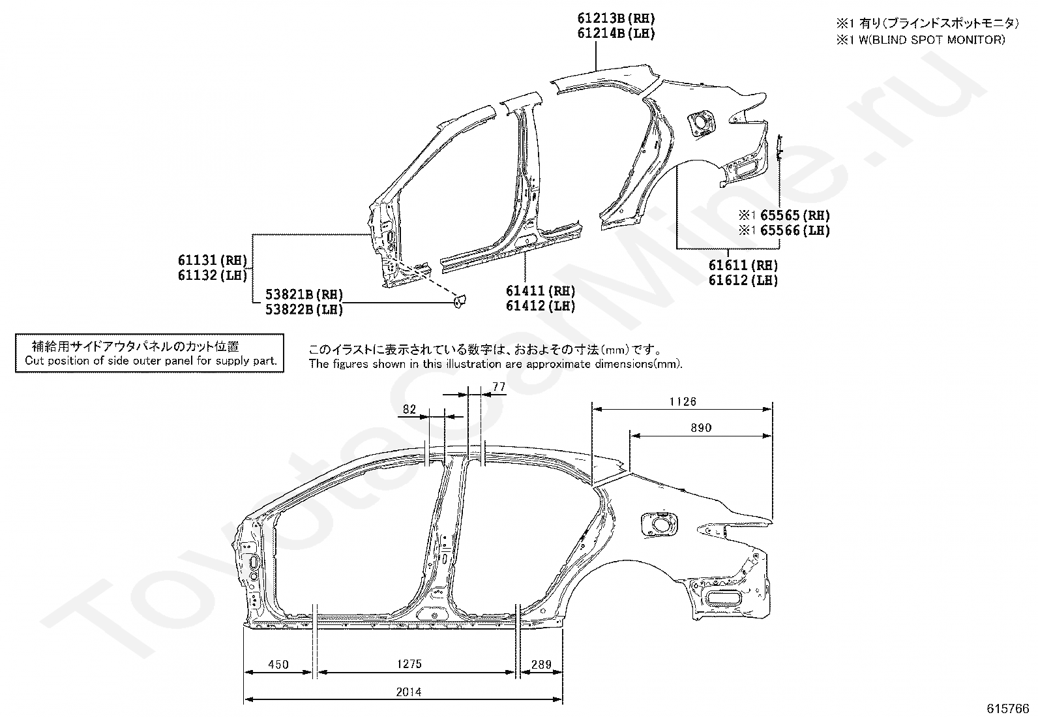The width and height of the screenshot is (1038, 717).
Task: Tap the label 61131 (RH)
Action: click(x=213, y=260)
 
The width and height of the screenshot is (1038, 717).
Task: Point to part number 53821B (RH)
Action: click(x=304, y=295)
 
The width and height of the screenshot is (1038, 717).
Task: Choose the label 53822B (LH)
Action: click(x=304, y=310)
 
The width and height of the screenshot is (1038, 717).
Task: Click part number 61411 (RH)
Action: click(x=541, y=291)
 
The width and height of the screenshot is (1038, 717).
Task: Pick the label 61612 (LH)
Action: click(x=743, y=281)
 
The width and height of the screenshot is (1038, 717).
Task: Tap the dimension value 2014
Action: click(x=408, y=692)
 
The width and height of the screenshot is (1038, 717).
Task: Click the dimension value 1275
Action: click(x=409, y=664)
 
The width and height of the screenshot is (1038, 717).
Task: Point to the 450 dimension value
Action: click(x=278, y=665)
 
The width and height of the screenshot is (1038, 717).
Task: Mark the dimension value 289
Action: click(x=541, y=665)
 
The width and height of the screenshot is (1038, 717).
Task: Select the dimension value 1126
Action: click(x=683, y=402)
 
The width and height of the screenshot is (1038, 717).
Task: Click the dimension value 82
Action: click(x=409, y=409)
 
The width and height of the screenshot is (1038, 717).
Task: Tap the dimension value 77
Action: click(x=499, y=386)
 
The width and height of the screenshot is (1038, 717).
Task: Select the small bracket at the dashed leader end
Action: click(x=460, y=301)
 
